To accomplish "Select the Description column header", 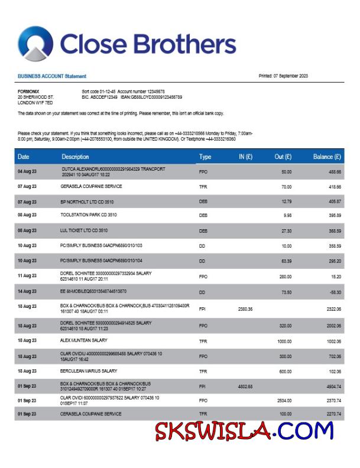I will coord(75,157).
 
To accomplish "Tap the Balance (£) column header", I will coord(327,157).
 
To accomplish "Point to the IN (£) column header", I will coord(245,157).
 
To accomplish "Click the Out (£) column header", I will coord(283,157).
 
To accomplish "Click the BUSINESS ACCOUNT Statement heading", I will coord(52,76).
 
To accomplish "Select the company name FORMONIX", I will coord(28,91).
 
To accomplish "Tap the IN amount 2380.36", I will coord(245,309).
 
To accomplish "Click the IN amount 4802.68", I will coord(245,386).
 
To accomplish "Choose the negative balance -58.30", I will coord(334,291).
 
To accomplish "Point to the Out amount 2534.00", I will coord(284,400).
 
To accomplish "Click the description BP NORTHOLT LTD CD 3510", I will coord(89,201).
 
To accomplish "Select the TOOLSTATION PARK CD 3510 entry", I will coord(89,216).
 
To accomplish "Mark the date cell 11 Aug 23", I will coord(27,275).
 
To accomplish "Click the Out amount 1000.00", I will coord(284,341).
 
